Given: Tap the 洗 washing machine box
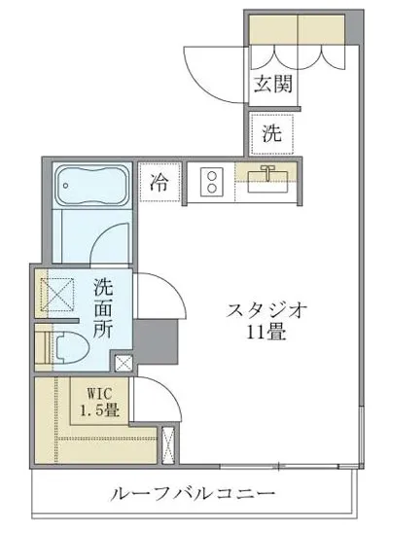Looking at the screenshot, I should (273, 134).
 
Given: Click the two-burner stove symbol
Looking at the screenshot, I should (207, 181).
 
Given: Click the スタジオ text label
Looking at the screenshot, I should (268, 312).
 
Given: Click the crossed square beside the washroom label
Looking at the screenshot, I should (56, 292).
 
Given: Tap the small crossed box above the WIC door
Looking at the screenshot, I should (125, 364).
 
